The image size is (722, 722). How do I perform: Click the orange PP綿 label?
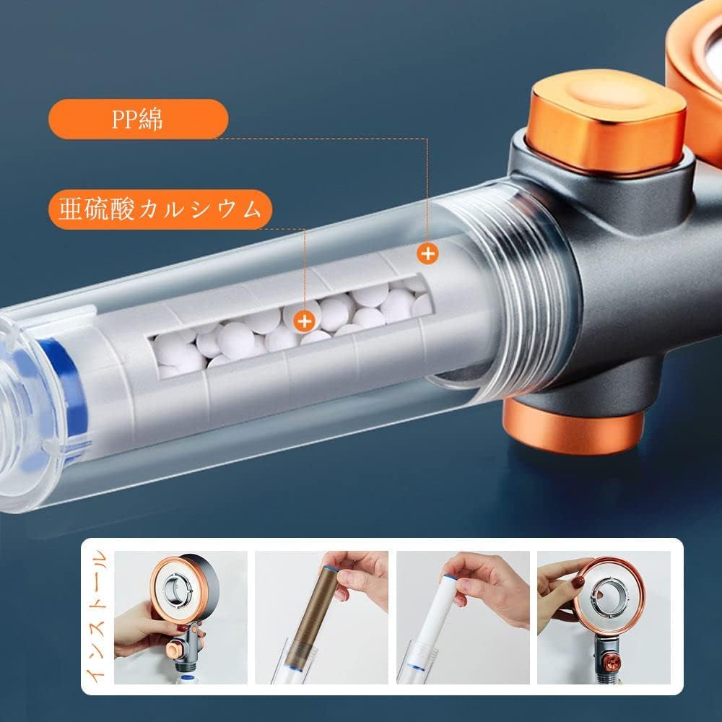coord(137,119)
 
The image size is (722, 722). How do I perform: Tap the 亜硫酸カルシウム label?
coord(160,210)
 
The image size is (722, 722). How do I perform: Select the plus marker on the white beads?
coord(306,318)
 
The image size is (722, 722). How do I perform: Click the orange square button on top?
coord(606,120)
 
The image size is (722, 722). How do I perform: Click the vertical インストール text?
coord(100,617)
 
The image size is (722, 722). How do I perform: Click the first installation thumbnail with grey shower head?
coord(180,617)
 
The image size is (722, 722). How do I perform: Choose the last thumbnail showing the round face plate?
coord(603,617)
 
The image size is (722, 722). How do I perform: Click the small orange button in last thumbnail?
coord(611,661)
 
